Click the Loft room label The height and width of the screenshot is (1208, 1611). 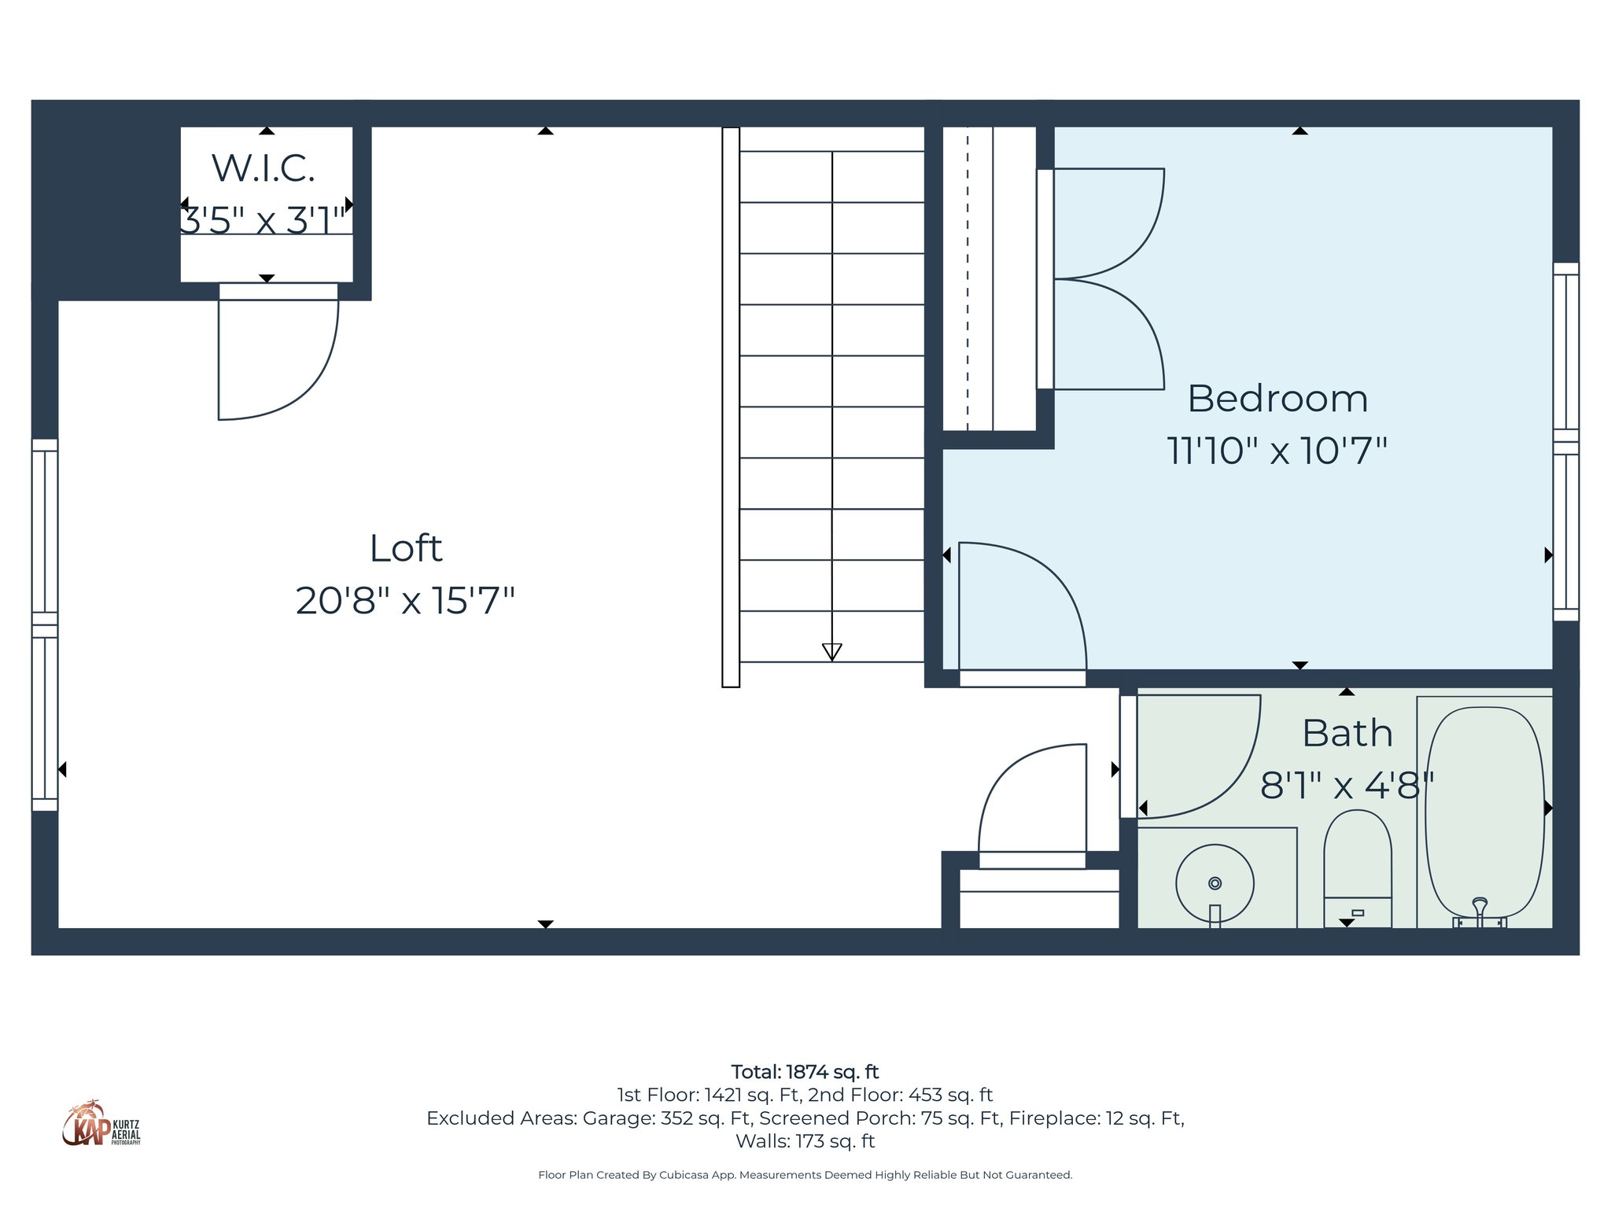pos(406,548)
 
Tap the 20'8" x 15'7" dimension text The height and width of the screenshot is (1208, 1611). pos(404,601)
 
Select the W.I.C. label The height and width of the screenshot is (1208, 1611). pos(264,168)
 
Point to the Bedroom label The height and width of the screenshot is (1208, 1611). pos(1277,399)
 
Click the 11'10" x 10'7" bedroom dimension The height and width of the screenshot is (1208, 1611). pos(1276,451)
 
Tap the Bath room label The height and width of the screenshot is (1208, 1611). pos(1347,733)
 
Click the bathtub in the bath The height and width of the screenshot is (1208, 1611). pos(1484,810)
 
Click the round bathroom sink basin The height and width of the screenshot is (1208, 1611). pos(1215,883)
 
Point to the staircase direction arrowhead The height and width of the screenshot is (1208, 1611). pos(831,651)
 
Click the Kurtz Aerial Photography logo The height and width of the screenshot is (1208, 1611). pos(101,1124)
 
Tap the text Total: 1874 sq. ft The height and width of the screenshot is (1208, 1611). pos(805,1072)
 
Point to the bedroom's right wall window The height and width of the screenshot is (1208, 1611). pos(1565,442)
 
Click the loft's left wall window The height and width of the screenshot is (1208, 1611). pos(45,625)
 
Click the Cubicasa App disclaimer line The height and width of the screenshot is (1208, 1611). pos(805,1175)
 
